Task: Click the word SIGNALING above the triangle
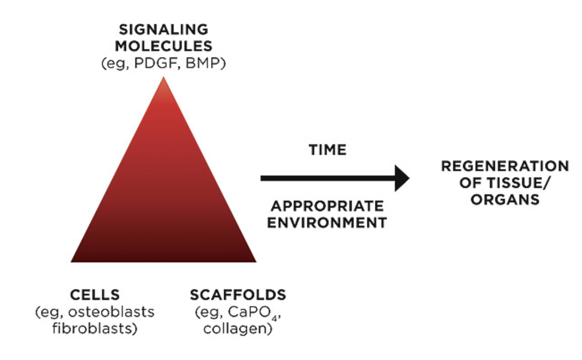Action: [163, 30]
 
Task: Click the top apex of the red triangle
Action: [163, 78]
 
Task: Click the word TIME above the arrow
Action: [328, 150]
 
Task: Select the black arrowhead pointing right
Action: [401, 178]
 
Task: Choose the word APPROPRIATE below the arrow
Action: [327, 206]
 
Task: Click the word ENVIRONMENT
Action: [327, 223]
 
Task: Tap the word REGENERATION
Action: [505, 166]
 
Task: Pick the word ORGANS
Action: [505, 199]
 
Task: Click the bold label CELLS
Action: [95, 295]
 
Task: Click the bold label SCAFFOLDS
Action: [238, 295]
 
